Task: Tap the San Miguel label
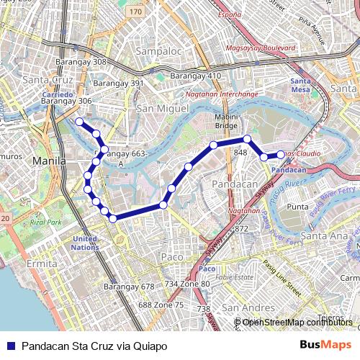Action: coord(162,108)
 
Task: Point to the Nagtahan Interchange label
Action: coord(222,94)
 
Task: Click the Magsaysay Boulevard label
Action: coord(261,48)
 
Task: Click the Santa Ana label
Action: coord(324,235)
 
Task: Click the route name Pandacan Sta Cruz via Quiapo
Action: coord(94,346)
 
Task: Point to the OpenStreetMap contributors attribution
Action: coord(297,322)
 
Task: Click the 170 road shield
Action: coord(136,12)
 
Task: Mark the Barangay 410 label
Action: coord(195,76)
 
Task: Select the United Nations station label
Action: coord(84,243)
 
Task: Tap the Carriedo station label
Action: coord(58,94)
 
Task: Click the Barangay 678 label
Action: coord(129,287)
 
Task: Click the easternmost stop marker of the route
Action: coord(281,154)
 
